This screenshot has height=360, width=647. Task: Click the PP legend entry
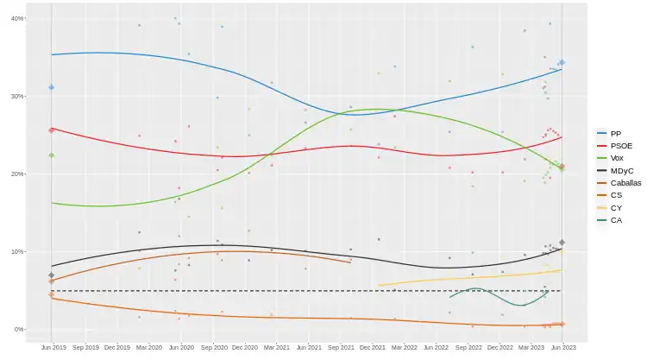pos(614,134)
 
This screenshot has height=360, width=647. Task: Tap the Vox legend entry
pos(614,158)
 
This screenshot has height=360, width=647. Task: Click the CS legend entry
pos(614,195)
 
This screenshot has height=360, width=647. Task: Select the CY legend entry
pos(614,208)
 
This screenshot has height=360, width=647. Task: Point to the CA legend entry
pos(614,220)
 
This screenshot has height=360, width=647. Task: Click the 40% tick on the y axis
pos(16,18)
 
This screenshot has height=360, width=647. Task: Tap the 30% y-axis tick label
pos(16,96)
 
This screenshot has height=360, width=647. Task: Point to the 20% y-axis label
pos(16,174)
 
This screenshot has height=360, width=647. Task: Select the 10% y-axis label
pos(16,251)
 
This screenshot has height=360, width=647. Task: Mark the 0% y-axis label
pos(18,329)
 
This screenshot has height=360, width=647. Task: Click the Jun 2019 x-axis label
pos(53,347)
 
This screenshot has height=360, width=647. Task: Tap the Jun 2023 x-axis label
pos(562,347)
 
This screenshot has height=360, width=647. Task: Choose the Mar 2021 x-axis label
pos(276,347)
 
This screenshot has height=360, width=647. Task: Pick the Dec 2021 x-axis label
pos(372,347)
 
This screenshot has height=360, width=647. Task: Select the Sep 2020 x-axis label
pos(213,347)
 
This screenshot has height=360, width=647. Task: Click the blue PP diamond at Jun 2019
pos(52,87)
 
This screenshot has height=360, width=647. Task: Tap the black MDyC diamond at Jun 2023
pos(562,243)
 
